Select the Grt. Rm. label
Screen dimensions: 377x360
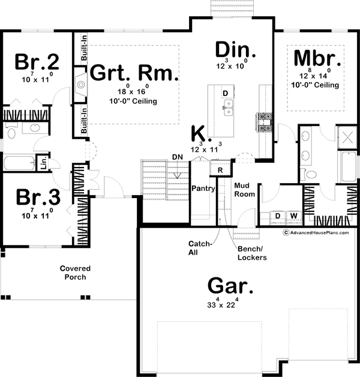(134, 74)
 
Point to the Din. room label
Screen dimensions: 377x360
(236, 49)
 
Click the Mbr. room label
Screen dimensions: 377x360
(317, 60)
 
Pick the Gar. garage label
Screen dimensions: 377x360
(230, 285)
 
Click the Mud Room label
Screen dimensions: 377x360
(244, 190)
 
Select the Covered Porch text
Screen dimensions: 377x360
(76, 273)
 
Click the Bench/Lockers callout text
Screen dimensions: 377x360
(251, 253)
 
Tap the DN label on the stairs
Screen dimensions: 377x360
(177, 157)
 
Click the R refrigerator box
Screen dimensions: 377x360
(221, 170)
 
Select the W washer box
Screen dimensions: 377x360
(294, 215)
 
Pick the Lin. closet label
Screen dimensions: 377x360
(43, 162)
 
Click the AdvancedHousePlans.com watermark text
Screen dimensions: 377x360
(317, 232)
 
